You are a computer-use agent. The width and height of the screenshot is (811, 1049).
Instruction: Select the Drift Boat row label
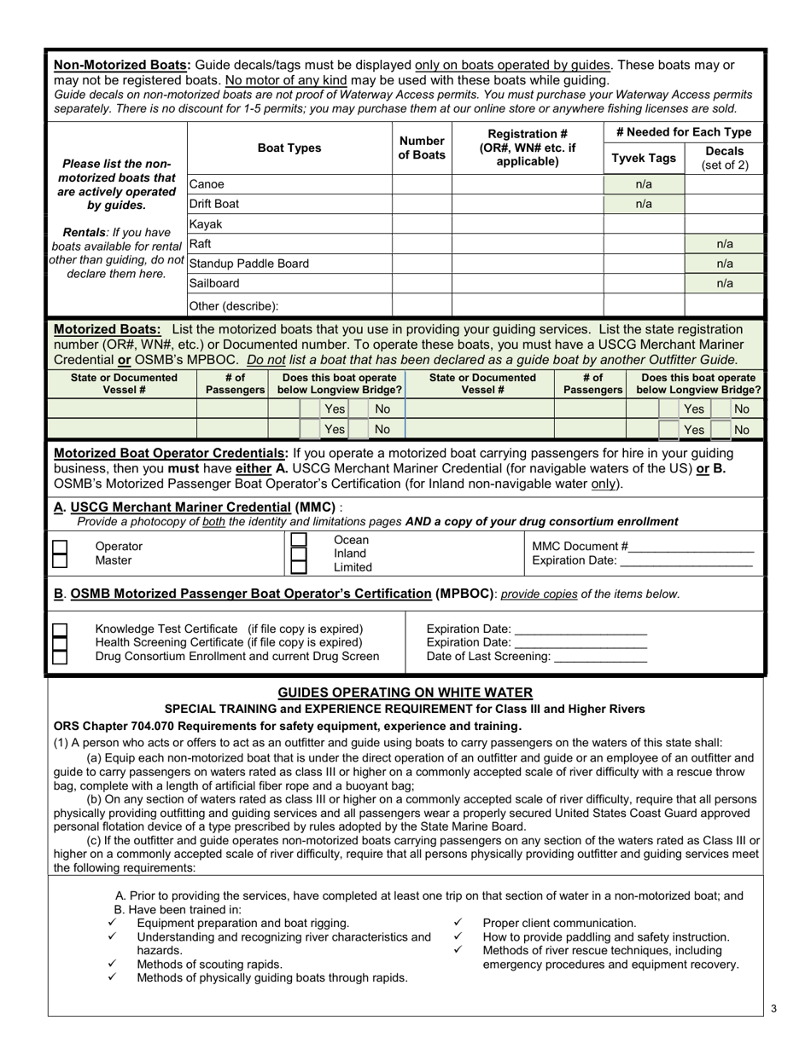pyautogui.click(x=214, y=205)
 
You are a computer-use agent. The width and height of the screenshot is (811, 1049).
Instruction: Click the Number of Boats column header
pyautogui.click(x=422, y=148)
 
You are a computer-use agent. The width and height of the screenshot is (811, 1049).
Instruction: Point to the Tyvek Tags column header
pyautogui.click(x=645, y=159)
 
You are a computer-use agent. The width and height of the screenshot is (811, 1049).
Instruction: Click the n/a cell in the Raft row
pyautogui.click(x=724, y=244)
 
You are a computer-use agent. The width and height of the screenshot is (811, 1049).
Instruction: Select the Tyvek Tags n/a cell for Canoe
pyautogui.click(x=644, y=184)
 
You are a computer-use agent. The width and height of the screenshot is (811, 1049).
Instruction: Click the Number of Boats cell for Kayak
pyautogui.click(x=422, y=224)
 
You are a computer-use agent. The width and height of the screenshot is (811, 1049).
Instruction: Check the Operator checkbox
pyautogui.click(x=60, y=546)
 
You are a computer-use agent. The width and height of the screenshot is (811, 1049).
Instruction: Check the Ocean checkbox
pyautogui.click(x=298, y=540)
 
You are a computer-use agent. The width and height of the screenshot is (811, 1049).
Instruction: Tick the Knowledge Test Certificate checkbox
pyautogui.click(x=60, y=629)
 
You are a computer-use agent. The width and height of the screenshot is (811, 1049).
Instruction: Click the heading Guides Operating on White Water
pyautogui.click(x=405, y=693)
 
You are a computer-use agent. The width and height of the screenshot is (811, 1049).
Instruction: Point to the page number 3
pyautogui.click(x=773, y=1009)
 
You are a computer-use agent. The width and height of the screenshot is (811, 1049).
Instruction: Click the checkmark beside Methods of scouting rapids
pyautogui.click(x=113, y=964)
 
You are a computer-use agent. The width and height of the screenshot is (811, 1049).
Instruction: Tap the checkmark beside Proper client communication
pyautogui.click(x=458, y=923)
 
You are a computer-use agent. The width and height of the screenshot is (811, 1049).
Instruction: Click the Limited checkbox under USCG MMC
pyautogui.click(x=298, y=567)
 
